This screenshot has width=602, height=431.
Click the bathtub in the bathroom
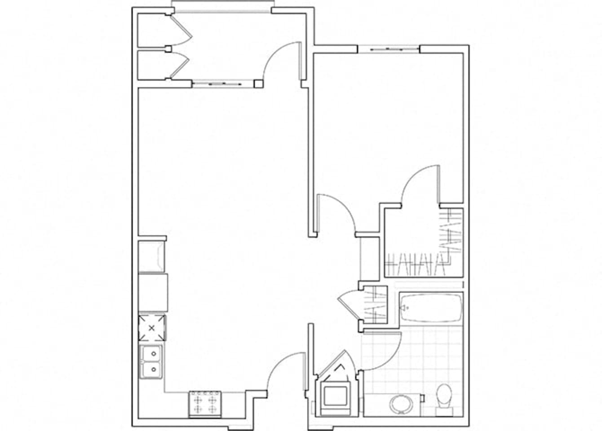(x=430, y=308)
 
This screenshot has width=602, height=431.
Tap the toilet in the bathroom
(x=444, y=398)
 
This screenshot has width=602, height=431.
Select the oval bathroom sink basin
(x=399, y=404)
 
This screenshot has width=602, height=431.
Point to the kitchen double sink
(x=151, y=362)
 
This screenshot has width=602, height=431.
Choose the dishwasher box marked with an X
(x=151, y=328)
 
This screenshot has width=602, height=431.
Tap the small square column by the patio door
(x=258, y=83)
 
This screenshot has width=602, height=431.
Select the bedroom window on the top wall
(x=389, y=48)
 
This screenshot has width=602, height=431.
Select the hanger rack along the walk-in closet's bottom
(x=416, y=265)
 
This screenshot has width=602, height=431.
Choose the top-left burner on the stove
(x=198, y=397)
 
